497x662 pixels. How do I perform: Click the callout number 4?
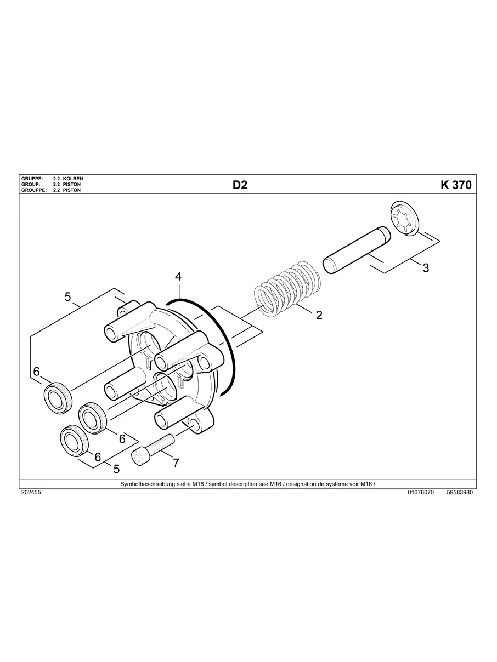(x=178, y=276)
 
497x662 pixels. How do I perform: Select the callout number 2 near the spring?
(x=319, y=315)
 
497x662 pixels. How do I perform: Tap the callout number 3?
(x=426, y=268)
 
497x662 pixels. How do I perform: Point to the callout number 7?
(x=176, y=463)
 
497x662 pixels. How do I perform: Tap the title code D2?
(x=240, y=185)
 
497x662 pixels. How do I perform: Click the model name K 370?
(x=455, y=185)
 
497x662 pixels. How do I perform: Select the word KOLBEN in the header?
(x=73, y=179)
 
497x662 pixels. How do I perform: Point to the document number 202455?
(x=31, y=493)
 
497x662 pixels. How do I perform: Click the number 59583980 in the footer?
(x=460, y=493)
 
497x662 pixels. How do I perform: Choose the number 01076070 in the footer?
(x=421, y=493)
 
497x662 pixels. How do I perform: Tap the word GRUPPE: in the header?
(x=32, y=179)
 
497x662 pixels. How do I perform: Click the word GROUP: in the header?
(x=31, y=185)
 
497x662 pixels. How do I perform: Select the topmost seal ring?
(x=58, y=398)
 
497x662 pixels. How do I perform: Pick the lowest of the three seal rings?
(x=74, y=440)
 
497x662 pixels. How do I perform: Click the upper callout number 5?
(x=67, y=296)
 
